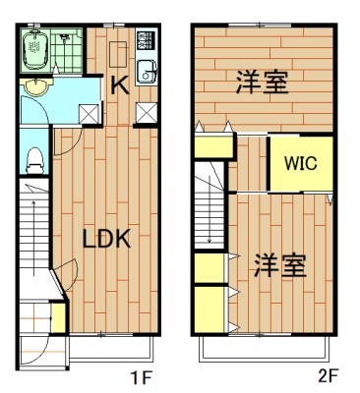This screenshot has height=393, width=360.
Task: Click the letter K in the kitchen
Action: point(118,84)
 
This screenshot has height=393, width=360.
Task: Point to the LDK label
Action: point(106,239)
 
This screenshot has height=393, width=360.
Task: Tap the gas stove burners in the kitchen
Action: point(145,42)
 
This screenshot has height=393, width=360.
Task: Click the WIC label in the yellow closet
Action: point(301,164)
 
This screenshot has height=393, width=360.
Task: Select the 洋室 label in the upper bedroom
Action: point(262,83)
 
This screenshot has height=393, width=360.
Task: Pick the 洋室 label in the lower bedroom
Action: point(279,264)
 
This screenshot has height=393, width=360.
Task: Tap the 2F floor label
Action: point(328,375)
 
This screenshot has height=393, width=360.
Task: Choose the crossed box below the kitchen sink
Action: point(146,111)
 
